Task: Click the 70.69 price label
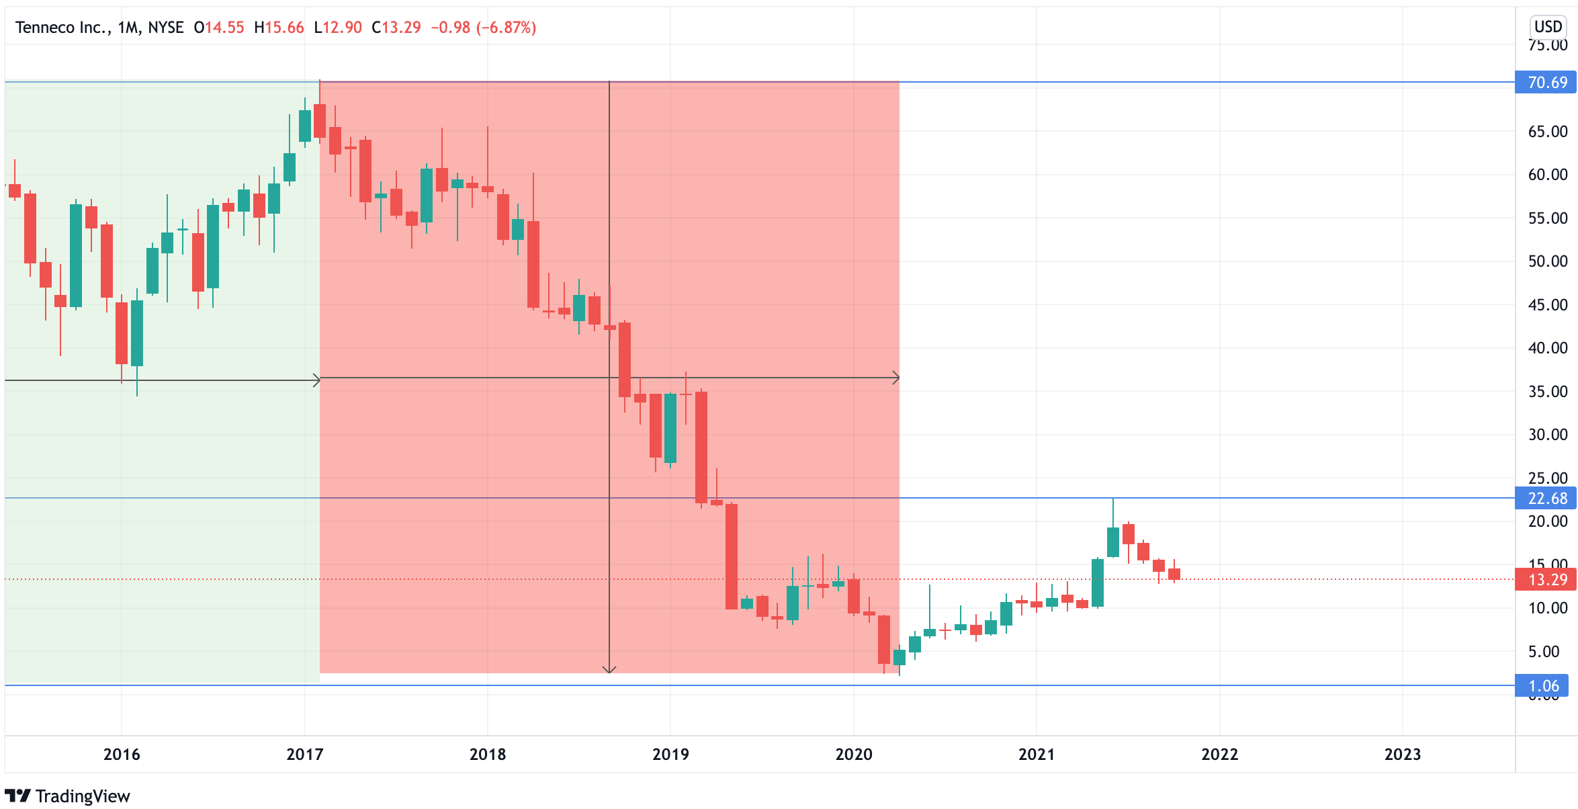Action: [1546, 83]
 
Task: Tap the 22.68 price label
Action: [1546, 499]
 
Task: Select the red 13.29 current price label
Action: [1546, 580]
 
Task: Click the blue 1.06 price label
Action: [1543, 686]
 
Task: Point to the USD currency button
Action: [1548, 27]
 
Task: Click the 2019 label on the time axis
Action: [670, 755]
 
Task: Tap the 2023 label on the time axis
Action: [1402, 755]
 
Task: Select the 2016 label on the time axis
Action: [122, 755]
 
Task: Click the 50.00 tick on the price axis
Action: [1547, 261]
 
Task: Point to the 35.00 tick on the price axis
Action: [1547, 392]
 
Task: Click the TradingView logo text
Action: [82, 796]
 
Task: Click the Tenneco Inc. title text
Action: [62, 28]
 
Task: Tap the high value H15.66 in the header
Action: [279, 28]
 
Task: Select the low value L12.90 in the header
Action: [338, 28]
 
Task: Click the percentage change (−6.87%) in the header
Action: [506, 28]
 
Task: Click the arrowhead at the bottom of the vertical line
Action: [609, 670]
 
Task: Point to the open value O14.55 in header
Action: [219, 28]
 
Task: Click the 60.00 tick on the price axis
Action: [1547, 175]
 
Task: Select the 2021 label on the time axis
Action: [1036, 755]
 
